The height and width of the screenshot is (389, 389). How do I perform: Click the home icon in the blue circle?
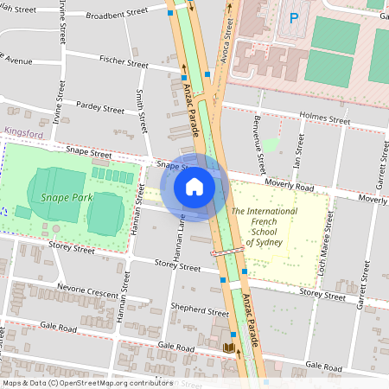[x=194, y=187]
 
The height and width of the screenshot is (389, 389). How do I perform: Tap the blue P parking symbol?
[x=293, y=17]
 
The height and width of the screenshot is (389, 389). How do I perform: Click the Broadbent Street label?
[x=118, y=15]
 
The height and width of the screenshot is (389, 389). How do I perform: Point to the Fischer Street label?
[x=124, y=63]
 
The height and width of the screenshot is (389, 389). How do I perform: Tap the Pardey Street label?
[x=101, y=109]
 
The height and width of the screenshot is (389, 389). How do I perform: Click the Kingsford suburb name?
[x=23, y=133]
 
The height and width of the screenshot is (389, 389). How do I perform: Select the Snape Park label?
[x=66, y=198]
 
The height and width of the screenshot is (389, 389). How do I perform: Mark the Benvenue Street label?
[x=258, y=147]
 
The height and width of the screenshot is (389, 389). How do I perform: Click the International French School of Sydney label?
[x=264, y=226]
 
